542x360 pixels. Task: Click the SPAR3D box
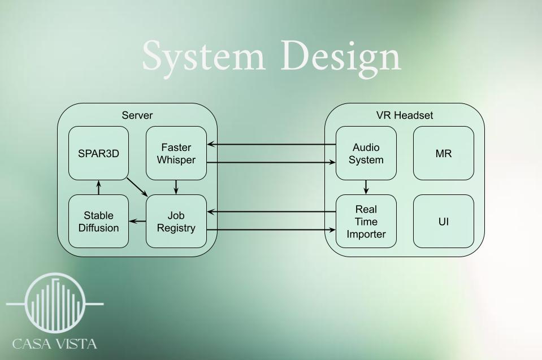(x=98, y=153)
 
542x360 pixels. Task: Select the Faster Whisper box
(x=176, y=153)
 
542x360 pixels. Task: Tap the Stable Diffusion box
(x=98, y=222)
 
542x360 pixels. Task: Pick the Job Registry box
(x=176, y=222)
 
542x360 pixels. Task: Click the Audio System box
(x=366, y=153)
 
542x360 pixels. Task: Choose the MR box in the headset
(x=444, y=153)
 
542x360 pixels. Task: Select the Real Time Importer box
(x=366, y=222)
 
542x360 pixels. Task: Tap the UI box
(x=444, y=222)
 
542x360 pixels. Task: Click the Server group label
(x=137, y=115)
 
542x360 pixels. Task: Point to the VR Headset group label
(x=405, y=115)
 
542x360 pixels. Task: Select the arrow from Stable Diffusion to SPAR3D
(x=98, y=187)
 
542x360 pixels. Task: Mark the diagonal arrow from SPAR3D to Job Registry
(x=137, y=187)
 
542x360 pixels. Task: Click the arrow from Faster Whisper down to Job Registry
(x=176, y=187)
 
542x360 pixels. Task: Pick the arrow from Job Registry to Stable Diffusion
(x=137, y=221)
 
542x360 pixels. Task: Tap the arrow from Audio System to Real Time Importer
(x=366, y=187)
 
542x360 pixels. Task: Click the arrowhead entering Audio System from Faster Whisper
(x=332, y=162)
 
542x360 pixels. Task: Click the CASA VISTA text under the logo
(x=55, y=344)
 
